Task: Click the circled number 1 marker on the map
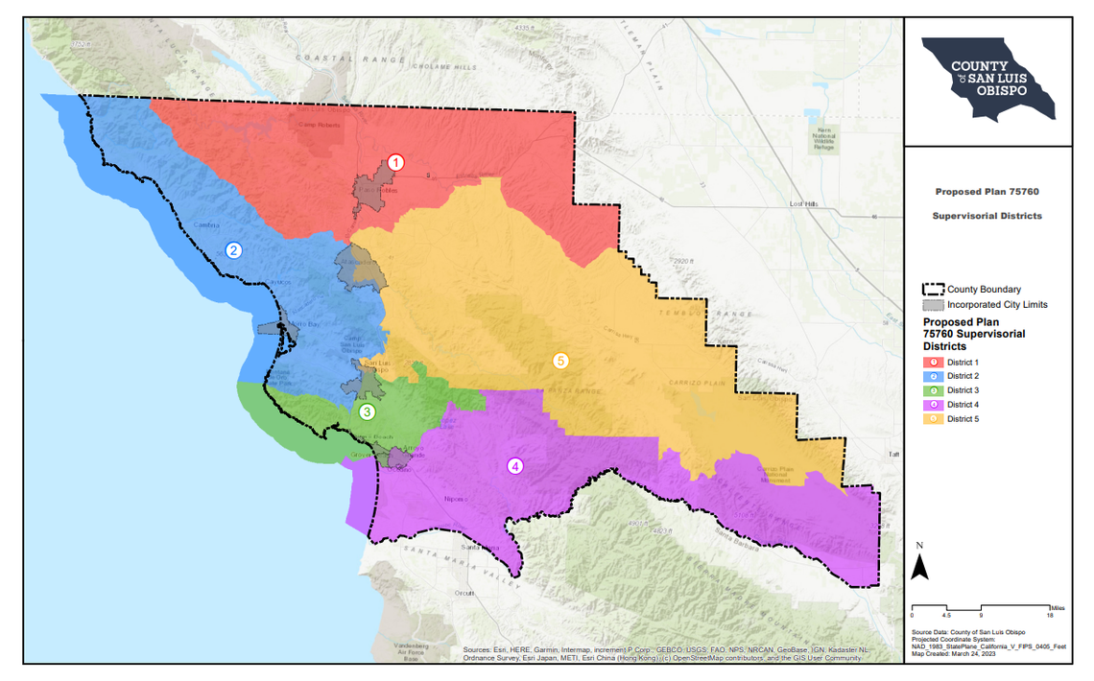(395, 163)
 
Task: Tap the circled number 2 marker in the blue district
(233, 250)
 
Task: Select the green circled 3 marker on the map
(367, 411)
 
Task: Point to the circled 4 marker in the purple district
(515, 467)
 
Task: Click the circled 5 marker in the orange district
(561, 362)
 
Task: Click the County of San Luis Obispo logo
(987, 79)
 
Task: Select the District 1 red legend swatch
(933, 362)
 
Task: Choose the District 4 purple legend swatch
(933, 405)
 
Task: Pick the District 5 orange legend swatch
(933, 419)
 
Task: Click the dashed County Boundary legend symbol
(933, 290)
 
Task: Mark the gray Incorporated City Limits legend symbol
(933, 305)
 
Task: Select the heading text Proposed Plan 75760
(987, 192)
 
